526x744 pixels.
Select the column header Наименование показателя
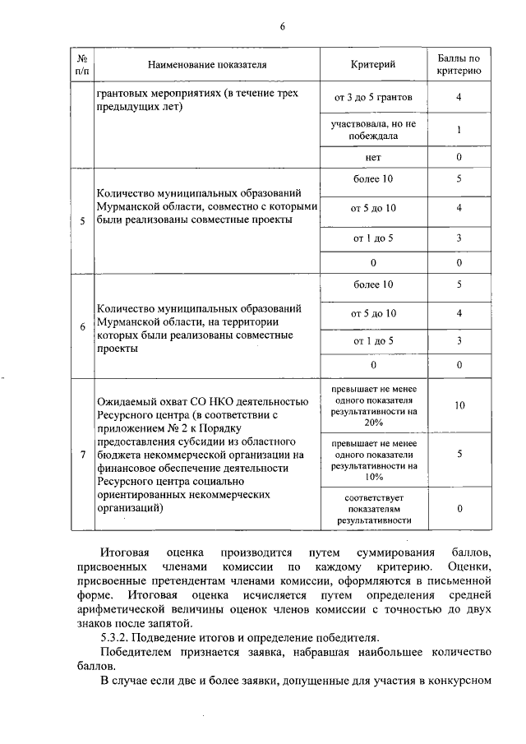point(207,63)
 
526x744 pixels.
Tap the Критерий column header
point(373,63)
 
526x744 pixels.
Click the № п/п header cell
point(82,64)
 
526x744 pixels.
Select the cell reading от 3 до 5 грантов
point(373,98)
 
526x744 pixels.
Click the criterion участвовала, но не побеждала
point(373,130)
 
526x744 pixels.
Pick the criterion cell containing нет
point(373,157)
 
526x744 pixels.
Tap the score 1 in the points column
point(459,130)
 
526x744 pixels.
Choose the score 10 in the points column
point(459,405)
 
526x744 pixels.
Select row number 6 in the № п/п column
point(82,326)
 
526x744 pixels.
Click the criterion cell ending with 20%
point(373,405)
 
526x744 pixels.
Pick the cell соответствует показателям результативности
point(373,509)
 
